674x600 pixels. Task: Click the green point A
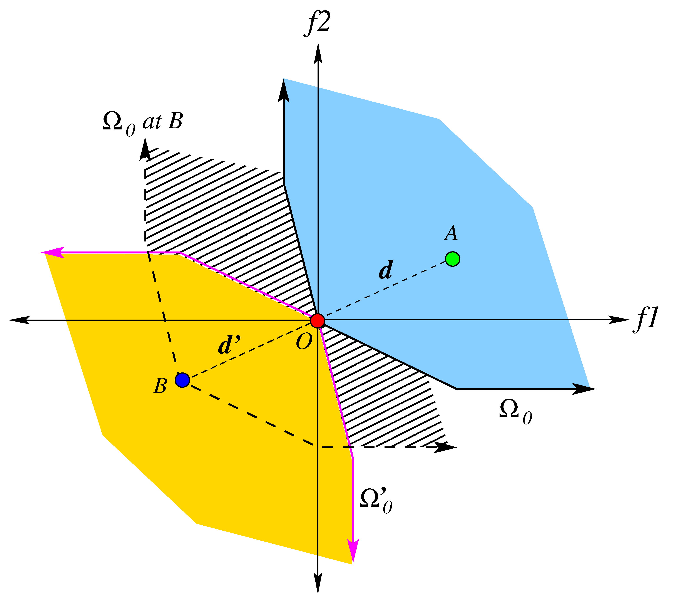point(453,259)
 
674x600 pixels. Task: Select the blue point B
point(182,380)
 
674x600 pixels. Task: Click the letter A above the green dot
point(451,233)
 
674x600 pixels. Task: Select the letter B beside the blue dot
point(160,385)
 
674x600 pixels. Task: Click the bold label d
point(386,270)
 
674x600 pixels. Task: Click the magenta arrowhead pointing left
point(53,252)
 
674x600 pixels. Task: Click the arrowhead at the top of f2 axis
point(318,53)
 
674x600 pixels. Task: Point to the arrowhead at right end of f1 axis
point(619,320)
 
